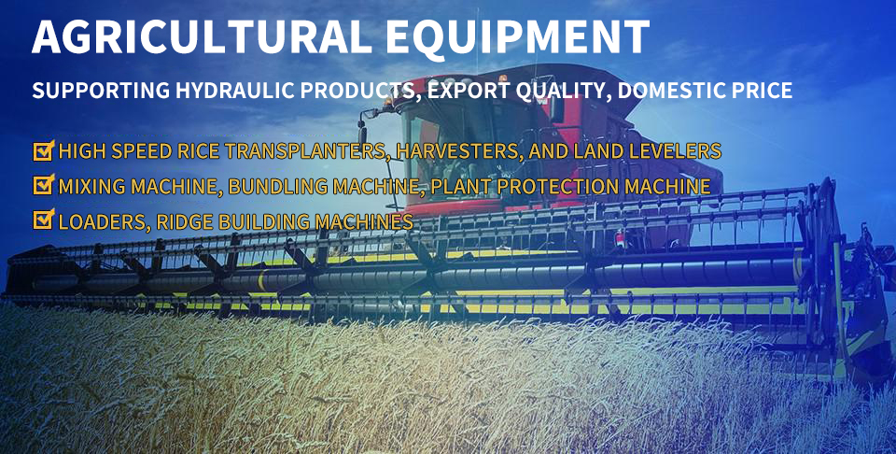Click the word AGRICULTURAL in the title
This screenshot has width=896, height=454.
coord(203,37)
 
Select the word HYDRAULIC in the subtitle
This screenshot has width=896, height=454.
coord(236,91)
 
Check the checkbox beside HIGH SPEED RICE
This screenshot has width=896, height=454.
coord(44,150)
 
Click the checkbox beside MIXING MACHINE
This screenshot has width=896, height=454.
coord(44,185)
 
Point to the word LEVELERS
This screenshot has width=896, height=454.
coord(673,151)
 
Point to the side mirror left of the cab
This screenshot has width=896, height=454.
coord(362,132)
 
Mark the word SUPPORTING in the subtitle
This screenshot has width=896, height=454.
coord(101,91)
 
